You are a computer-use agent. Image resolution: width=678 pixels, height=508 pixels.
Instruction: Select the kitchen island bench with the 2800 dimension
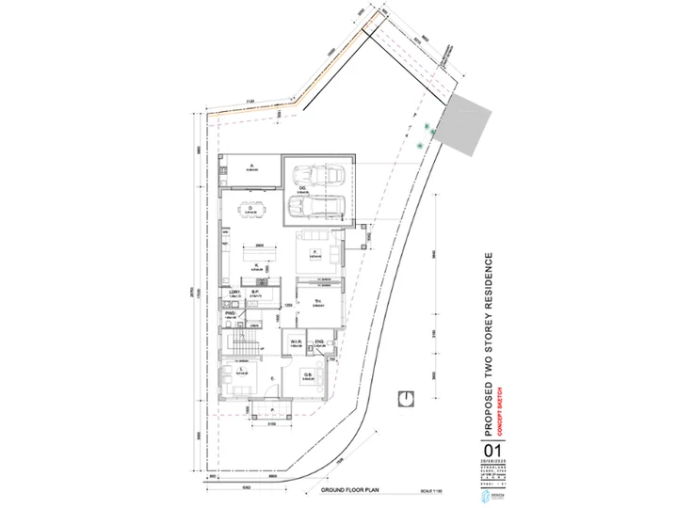coord(257,254)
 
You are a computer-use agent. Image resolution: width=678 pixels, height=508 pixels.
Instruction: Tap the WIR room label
coord(295,341)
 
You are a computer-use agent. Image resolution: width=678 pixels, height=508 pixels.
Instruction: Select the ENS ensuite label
coord(319,341)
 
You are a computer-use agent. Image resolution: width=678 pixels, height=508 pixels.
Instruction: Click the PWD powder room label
coord(230,313)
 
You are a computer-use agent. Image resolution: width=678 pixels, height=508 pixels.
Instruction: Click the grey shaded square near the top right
coord(467,124)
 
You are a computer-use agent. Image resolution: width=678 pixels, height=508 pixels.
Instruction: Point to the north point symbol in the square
coord(405,398)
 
